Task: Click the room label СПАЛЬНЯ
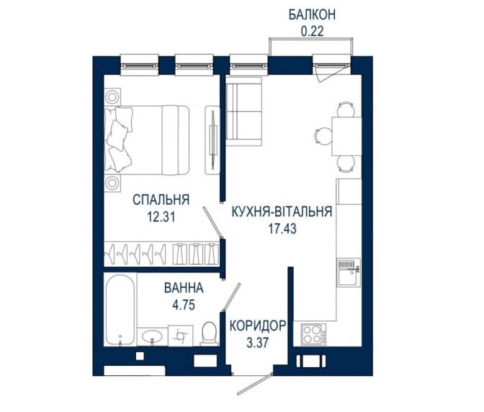click(x=161, y=200)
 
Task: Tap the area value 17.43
click(x=282, y=229)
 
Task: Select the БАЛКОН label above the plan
click(x=312, y=15)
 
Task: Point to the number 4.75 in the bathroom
click(x=184, y=305)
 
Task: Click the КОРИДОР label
click(x=258, y=325)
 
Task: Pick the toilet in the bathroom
click(x=210, y=334)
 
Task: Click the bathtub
click(x=120, y=310)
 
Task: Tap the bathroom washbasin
click(x=152, y=336)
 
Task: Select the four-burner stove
click(x=313, y=334)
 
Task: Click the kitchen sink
click(x=349, y=273)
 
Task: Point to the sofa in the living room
click(x=244, y=111)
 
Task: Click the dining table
click(x=346, y=136)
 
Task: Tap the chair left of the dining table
click(x=323, y=136)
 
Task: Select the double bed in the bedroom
click(x=147, y=140)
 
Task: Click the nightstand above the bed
click(x=112, y=97)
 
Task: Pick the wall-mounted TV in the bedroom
click(x=213, y=140)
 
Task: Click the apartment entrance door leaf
click(x=254, y=384)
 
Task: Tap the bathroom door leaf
click(x=231, y=297)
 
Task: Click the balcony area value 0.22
click(x=312, y=31)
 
